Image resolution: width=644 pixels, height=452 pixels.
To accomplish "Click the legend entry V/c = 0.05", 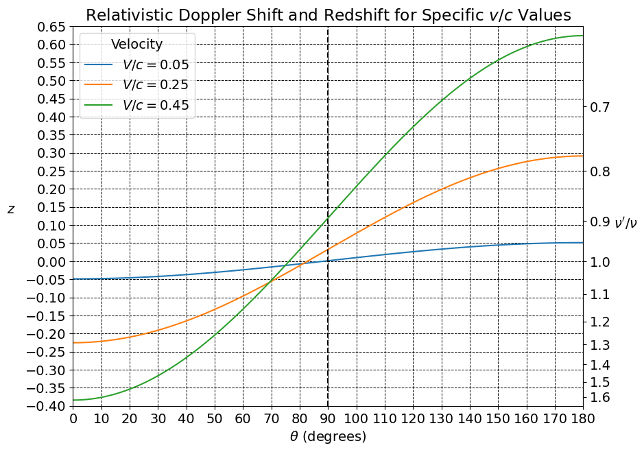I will click(x=154, y=65).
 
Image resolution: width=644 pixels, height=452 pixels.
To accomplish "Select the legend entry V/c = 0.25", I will click(x=154, y=85).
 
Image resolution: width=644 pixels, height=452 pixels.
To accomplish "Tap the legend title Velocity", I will click(x=136, y=45).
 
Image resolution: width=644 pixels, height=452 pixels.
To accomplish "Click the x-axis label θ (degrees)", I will click(x=327, y=436).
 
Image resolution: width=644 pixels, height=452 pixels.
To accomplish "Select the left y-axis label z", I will click(x=11, y=209).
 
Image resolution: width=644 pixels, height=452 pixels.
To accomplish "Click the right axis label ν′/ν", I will click(x=625, y=222).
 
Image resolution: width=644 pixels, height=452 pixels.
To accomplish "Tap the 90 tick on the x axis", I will click(x=328, y=418).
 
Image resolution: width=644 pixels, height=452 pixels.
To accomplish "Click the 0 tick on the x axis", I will click(x=73, y=418).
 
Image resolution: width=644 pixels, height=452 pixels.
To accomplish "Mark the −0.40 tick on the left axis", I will click(x=46, y=406).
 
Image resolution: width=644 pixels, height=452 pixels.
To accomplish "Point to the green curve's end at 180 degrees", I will click(x=582, y=36).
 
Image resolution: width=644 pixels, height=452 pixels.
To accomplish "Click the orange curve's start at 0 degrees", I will click(x=73, y=343).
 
